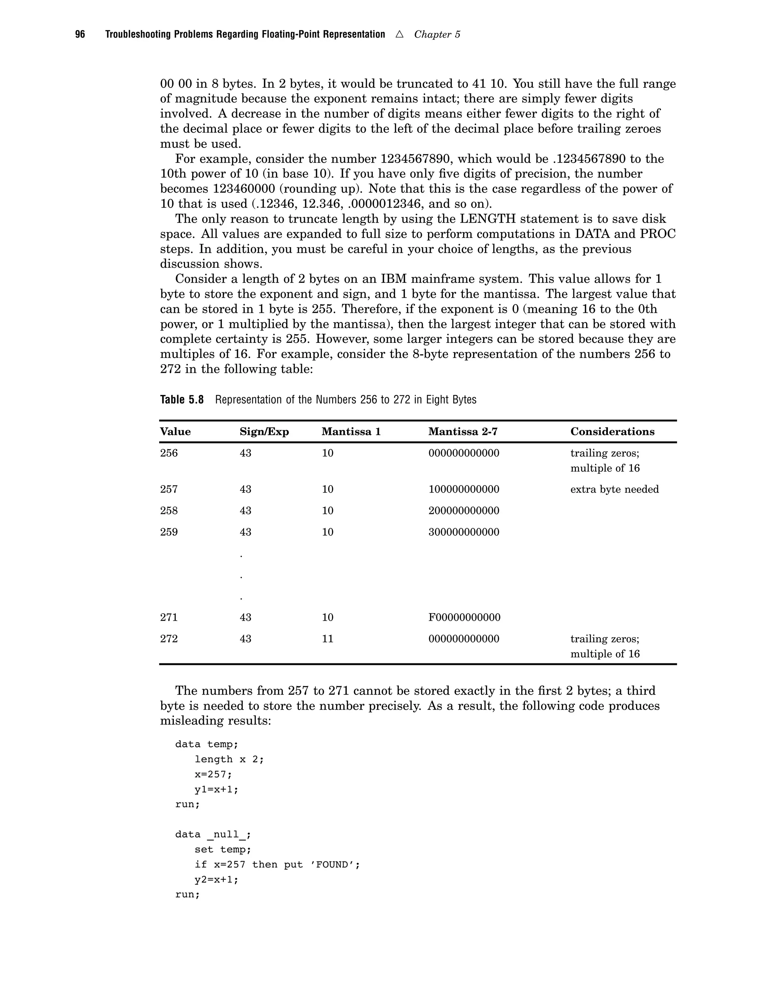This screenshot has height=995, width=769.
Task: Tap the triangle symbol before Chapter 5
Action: [399, 34]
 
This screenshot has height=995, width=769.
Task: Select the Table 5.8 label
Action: [182, 400]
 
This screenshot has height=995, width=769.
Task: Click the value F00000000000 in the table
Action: [464, 617]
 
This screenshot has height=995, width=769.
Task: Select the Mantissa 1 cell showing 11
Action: [327, 639]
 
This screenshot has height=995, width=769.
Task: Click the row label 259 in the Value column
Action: [169, 532]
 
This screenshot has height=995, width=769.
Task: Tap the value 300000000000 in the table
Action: [463, 532]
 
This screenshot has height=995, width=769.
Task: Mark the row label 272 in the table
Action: [169, 639]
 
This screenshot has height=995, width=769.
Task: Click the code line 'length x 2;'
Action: [229, 760]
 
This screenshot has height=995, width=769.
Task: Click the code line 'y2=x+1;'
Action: [216, 880]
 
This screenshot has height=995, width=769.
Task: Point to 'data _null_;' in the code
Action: [213, 835]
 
